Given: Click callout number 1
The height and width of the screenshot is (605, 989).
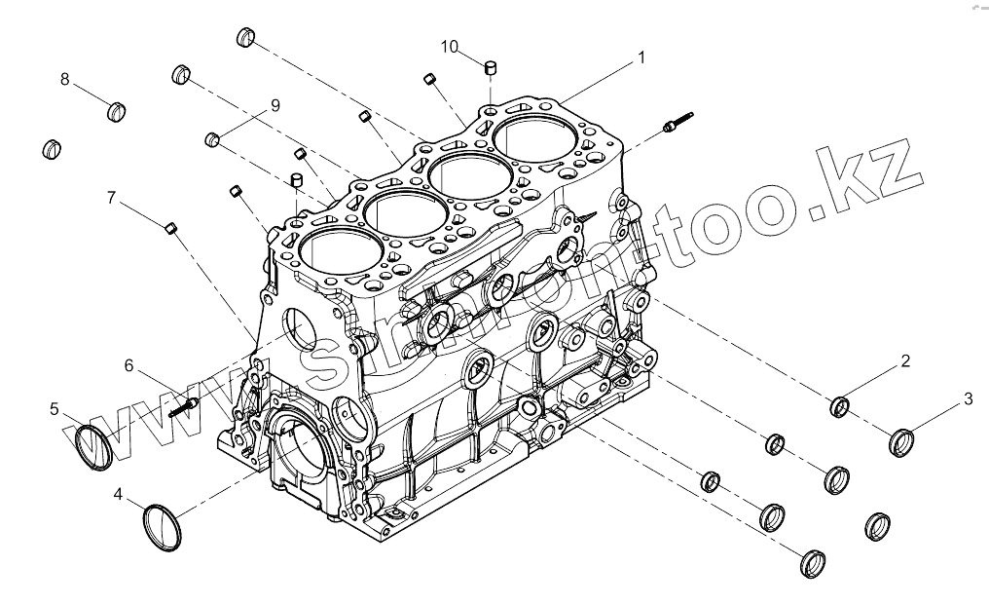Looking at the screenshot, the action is coord(641,58).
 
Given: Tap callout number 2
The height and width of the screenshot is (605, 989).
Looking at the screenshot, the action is coord(904,361).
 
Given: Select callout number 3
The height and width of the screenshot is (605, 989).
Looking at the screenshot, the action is coord(968,397).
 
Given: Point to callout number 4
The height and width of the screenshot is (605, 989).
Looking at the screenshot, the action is coord(118,495).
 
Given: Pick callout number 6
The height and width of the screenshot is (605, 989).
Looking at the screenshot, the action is coord(128,365).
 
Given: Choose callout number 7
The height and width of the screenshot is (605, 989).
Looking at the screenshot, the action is coord(112,198).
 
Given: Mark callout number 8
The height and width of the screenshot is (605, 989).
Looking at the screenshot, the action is coord(65,80).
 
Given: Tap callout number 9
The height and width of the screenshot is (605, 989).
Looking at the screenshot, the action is coord(275,104).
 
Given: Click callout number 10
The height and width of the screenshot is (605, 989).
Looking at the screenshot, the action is coord(449,46).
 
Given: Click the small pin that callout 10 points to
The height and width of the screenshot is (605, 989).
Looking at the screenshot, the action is coord(492,68).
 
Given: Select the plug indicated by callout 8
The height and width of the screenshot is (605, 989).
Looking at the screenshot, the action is coord(118,110).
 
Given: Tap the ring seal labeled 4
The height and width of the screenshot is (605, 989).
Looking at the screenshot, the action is coord(163,527).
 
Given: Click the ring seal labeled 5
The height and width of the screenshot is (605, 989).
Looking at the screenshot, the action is coord(94,447).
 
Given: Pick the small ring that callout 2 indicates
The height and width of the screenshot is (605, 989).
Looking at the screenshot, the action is coord(840,406).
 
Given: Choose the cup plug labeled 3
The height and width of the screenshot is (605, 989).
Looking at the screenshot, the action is coord(902,442).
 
